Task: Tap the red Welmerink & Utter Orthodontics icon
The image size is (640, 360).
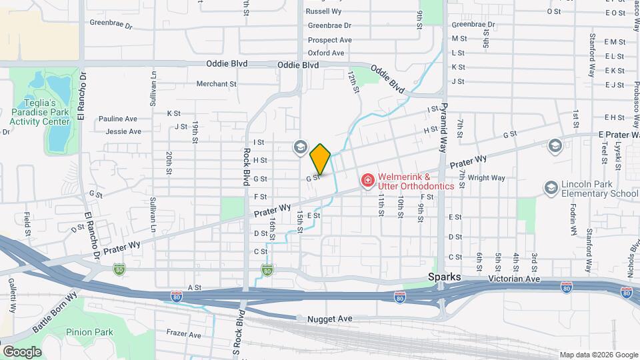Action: pos(367,180)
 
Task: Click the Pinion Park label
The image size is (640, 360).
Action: pos(89,332)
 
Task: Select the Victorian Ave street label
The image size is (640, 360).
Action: pos(512,278)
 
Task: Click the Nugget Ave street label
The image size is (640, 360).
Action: pos(329,319)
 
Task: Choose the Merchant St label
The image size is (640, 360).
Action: pos(217,84)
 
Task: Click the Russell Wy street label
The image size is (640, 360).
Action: pos(323,11)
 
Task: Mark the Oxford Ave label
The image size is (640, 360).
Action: pos(326,53)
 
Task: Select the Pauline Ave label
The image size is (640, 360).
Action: pos(117,119)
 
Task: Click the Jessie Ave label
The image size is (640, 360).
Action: pos(123,131)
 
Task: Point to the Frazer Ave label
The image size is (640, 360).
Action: pos(184,334)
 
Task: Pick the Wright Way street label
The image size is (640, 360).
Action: pos(486,178)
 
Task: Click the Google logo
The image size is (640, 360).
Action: pos(22,351)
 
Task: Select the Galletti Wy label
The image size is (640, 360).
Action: pos(11,294)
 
